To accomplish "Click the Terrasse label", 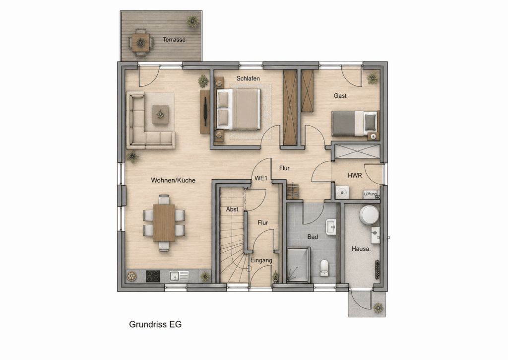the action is (174, 40).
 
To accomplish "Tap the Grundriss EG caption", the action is (155, 324).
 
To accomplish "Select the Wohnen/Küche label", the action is (173, 180).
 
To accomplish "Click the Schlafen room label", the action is (248, 78).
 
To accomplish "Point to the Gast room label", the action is (340, 96).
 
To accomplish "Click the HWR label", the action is (355, 175).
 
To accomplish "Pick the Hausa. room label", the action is (361, 249).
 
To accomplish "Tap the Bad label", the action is (313, 237).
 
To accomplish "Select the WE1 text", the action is (261, 178).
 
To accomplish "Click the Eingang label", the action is (261, 260).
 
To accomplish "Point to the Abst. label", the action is (233, 210).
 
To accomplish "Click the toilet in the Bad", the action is (324, 268).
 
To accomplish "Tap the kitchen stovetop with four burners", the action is (153, 276).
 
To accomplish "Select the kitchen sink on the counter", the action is (179, 276).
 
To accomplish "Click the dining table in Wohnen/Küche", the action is (164, 223).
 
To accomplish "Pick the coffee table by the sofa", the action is (160, 114).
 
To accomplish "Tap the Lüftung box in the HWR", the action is (370, 194).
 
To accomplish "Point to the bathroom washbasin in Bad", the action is (331, 227).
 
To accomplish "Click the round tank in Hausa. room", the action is (369, 215).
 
